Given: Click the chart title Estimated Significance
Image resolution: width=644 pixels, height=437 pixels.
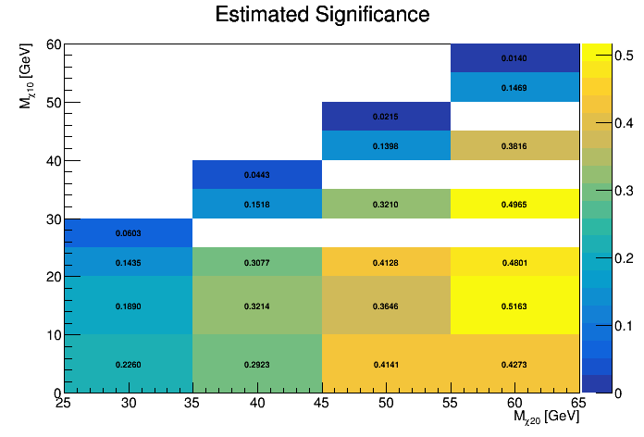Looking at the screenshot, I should [322, 16].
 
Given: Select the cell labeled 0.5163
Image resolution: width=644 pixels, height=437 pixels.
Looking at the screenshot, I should [514, 306].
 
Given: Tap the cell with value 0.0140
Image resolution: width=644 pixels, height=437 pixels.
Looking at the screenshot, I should [514, 58].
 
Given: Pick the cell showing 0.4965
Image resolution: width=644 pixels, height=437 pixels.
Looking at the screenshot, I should [514, 204].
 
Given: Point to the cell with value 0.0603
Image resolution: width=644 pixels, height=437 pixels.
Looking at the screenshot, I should [129, 233].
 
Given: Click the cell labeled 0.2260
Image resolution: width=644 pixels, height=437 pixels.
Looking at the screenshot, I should [129, 364].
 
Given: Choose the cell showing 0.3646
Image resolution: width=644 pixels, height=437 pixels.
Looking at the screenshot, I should [386, 306].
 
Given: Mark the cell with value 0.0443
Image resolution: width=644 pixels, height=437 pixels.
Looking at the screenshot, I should [257, 175].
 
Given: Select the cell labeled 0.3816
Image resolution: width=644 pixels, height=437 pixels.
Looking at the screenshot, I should [514, 145].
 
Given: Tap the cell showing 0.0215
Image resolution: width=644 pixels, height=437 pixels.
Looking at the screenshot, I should [386, 117].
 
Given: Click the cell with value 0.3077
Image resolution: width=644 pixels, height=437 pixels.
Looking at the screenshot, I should [257, 262].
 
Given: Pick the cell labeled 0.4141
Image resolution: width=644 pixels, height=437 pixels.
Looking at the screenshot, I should [386, 364].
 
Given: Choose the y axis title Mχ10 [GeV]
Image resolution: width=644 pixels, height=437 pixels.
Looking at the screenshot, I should [29, 74].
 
